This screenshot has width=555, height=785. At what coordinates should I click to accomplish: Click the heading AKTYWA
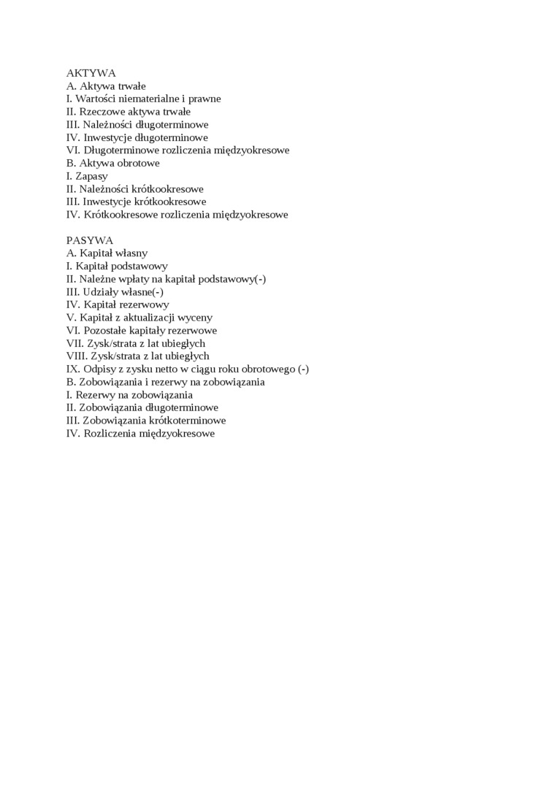point(91,73)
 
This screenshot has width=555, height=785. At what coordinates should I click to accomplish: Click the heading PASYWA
point(90,240)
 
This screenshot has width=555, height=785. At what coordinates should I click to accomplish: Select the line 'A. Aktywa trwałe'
point(106,86)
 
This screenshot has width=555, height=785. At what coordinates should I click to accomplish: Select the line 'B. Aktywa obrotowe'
point(113,163)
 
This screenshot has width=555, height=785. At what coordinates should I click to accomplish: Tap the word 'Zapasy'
point(91,176)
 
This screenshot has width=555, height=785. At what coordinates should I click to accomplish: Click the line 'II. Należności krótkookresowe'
point(135,189)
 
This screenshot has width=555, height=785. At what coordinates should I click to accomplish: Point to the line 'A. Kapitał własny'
point(107,253)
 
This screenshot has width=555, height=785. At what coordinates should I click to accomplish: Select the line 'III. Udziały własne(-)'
point(115,291)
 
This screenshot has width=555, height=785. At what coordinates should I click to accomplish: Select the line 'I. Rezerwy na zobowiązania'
point(130,395)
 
